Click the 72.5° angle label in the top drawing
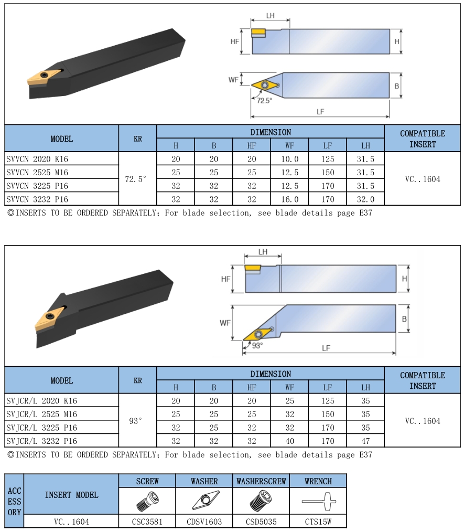[x=264, y=101]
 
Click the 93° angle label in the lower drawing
[x=257, y=345]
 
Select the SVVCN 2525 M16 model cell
[x=37, y=173]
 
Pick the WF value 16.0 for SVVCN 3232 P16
[x=290, y=199]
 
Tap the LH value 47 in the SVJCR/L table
[x=365, y=441]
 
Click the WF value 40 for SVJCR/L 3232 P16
[x=290, y=441]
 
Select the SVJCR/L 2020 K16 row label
[x=41, y=401]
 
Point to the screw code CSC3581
[x=147, y=522]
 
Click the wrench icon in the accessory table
[x=319, y=501]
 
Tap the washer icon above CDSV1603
[x=206, y=500]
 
